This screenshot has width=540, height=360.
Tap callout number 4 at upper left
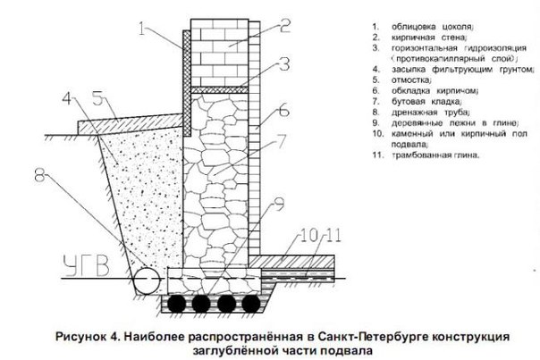[x=69, y=95]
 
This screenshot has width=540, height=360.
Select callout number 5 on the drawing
[x=97, y=95]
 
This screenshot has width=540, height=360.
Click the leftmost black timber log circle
[x=181, y=304]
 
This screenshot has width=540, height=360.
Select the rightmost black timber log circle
[x=253, y=304]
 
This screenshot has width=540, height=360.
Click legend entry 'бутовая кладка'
[x=414, y=102]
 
